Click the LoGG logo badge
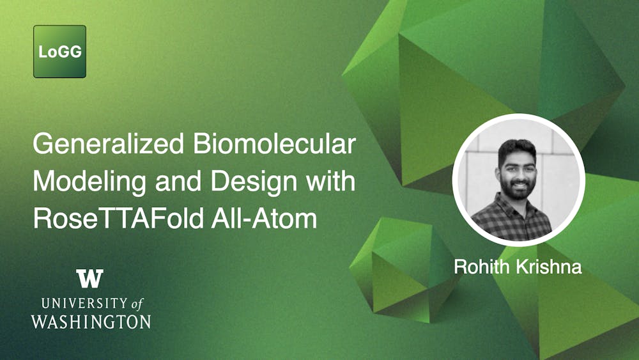coord(59,51)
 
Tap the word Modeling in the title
coord(89,182)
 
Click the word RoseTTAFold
coord(118,219)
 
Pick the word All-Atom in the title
coord(264,219)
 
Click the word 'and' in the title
coord(178,181)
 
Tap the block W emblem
coord(89,278)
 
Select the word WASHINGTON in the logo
coord(91,322)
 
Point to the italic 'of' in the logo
coord(138,304)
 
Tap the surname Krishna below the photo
coord(549,267)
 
